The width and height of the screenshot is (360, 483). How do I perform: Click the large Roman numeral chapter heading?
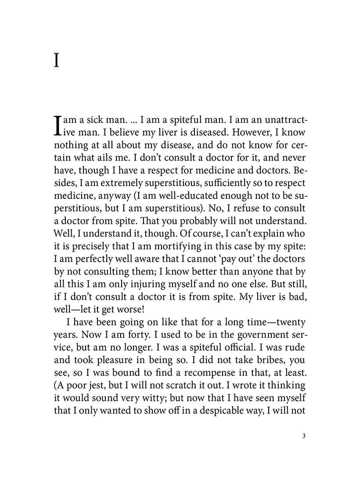[56, 61]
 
